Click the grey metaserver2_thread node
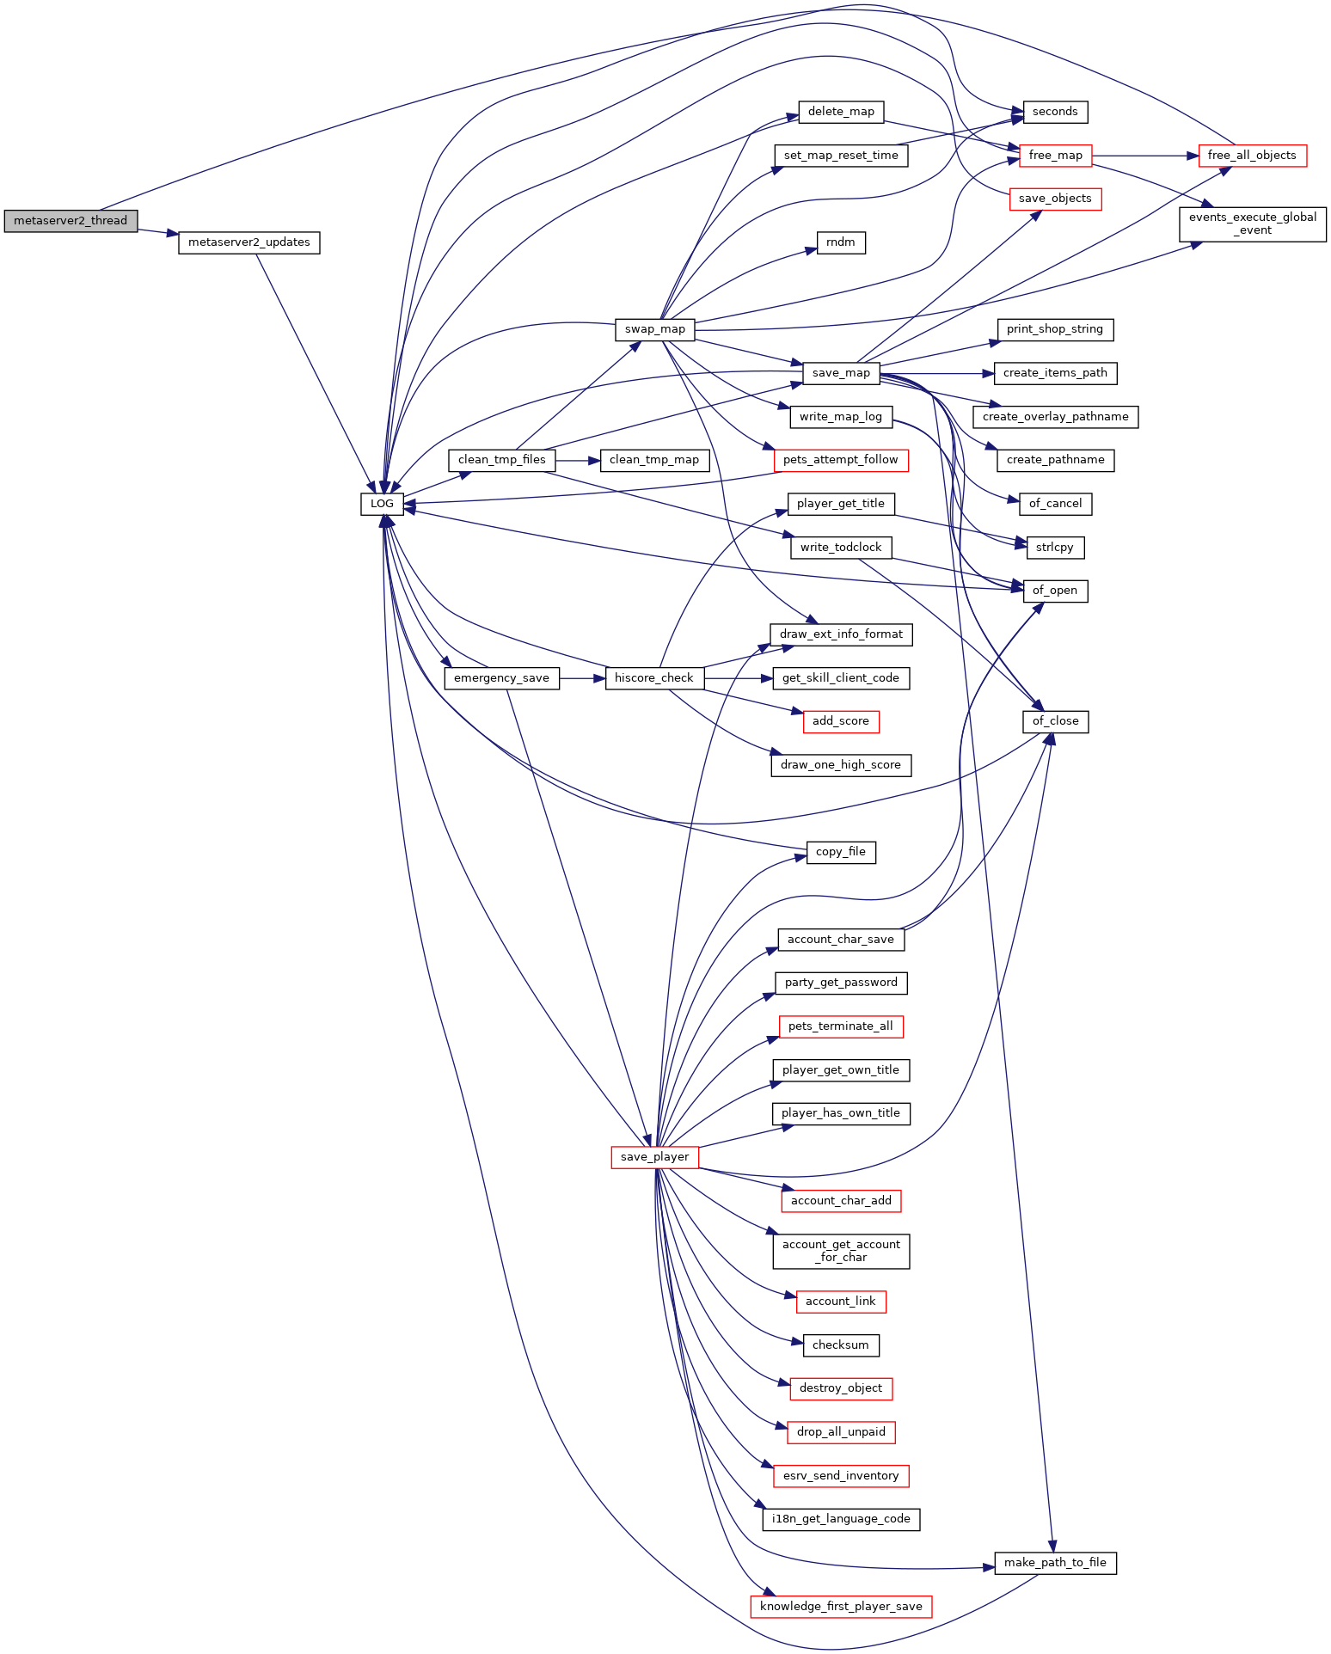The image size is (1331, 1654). click(x=71, y=221)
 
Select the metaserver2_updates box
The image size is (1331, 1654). click(x=249, y=242)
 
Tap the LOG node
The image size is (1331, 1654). click(x=382, y=504)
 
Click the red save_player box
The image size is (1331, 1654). click(x=654, y=1157)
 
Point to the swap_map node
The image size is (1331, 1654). click(x=655, y=329)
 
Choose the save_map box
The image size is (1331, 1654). click(x=841, y=373)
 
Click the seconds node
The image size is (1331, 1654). click(x=1055, y=112)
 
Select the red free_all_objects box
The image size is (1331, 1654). click(x=1252, y=156)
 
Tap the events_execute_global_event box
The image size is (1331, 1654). click(x=1253, y=224)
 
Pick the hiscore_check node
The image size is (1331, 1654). click(x=654, y=678)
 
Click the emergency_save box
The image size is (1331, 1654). click(x=501, y=678)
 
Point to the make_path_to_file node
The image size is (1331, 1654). click(x=1055, y=1563)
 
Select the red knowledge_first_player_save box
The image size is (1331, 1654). click(x=841, y=1607)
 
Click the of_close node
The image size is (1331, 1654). click(x=1055, y=721)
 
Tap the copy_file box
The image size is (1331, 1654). click(x=841, y=852)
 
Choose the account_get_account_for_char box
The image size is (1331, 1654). click(x=841, y=1251)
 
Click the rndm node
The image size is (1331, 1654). click(x=841, y=242)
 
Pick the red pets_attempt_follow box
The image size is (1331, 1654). click(x=841, y=460)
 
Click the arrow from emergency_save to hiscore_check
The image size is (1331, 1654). click(x=582, y=678)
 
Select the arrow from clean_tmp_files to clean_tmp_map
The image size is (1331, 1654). click(x=578, y=460)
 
